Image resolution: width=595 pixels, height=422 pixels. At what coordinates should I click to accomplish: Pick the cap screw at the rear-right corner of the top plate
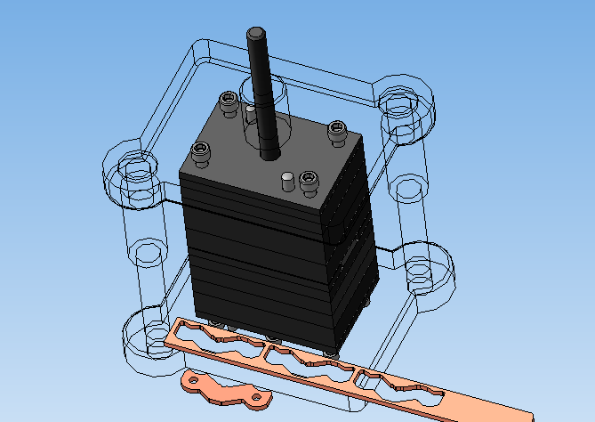coord(336,130)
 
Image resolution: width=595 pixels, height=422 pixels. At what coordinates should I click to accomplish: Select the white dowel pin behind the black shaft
coord(250,113)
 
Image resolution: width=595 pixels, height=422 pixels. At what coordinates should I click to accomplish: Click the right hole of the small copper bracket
coord(255,396)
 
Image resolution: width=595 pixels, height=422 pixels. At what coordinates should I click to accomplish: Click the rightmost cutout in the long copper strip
coord(400,388)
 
